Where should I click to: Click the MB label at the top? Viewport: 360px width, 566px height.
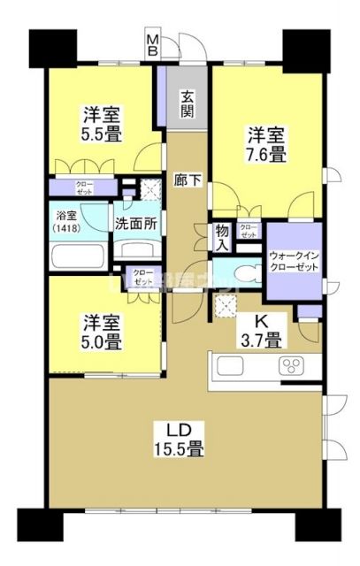coord(153,43)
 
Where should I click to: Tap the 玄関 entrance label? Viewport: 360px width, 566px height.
coord(188,103)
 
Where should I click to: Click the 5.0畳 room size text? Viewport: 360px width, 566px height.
coord(103,337)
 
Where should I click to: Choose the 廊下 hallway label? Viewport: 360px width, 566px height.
coord(188,181)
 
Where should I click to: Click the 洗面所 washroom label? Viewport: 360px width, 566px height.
coord(135,223)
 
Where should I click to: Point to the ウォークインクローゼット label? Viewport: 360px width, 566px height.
coord(293,260)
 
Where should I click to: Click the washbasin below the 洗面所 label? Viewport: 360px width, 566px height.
coord(135,250)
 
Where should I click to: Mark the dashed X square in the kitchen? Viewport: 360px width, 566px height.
coord(228,306)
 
